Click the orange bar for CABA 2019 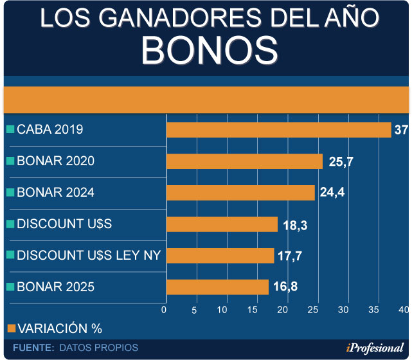[278, 129]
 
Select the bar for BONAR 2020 [244, 161]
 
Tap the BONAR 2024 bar [240, 192]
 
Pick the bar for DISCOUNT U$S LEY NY [220, 255]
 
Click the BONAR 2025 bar [217, 287]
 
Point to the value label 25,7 [341, 161]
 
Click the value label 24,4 [332, 192]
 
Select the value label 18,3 [295, 224]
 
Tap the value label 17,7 [290, 256]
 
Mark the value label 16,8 [285, 287]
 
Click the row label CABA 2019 [49, 129]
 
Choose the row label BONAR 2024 [55, 192]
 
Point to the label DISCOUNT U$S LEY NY [88, 255]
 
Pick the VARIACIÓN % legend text [59, 328]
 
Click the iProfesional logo [375, 348]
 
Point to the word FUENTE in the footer [33, 348]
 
